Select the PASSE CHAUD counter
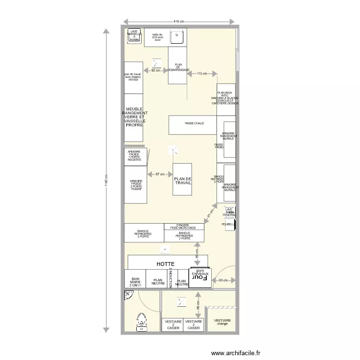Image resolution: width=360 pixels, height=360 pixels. tap(192, 124)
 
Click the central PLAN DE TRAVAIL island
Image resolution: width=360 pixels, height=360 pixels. tap(182, 180)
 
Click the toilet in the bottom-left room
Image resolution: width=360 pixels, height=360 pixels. tap(141, 321)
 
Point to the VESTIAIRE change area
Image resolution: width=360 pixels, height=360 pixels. tap(222, 320)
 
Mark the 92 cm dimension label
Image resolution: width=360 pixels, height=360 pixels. tap(155, 70)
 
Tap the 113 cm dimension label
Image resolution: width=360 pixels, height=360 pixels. tap(202, 73)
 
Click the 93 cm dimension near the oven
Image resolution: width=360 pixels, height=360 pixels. tap(223, 280)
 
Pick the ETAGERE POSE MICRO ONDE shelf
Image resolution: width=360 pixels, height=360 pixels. tap(184, 226)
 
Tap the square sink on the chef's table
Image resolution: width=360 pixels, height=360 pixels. tap(178, 36)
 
